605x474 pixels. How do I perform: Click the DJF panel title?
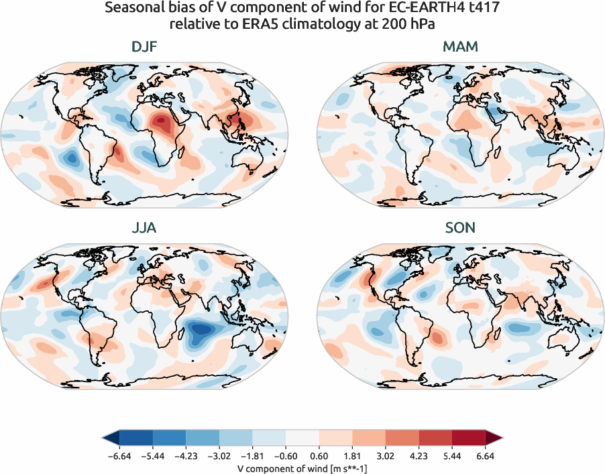pos(144,48)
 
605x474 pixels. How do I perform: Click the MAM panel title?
pos(460,48)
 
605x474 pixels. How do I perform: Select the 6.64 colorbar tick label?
pos(484,455)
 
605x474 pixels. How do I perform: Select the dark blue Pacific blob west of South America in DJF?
pos(69,158)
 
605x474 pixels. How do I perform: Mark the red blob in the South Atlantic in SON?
pos(437,338)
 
